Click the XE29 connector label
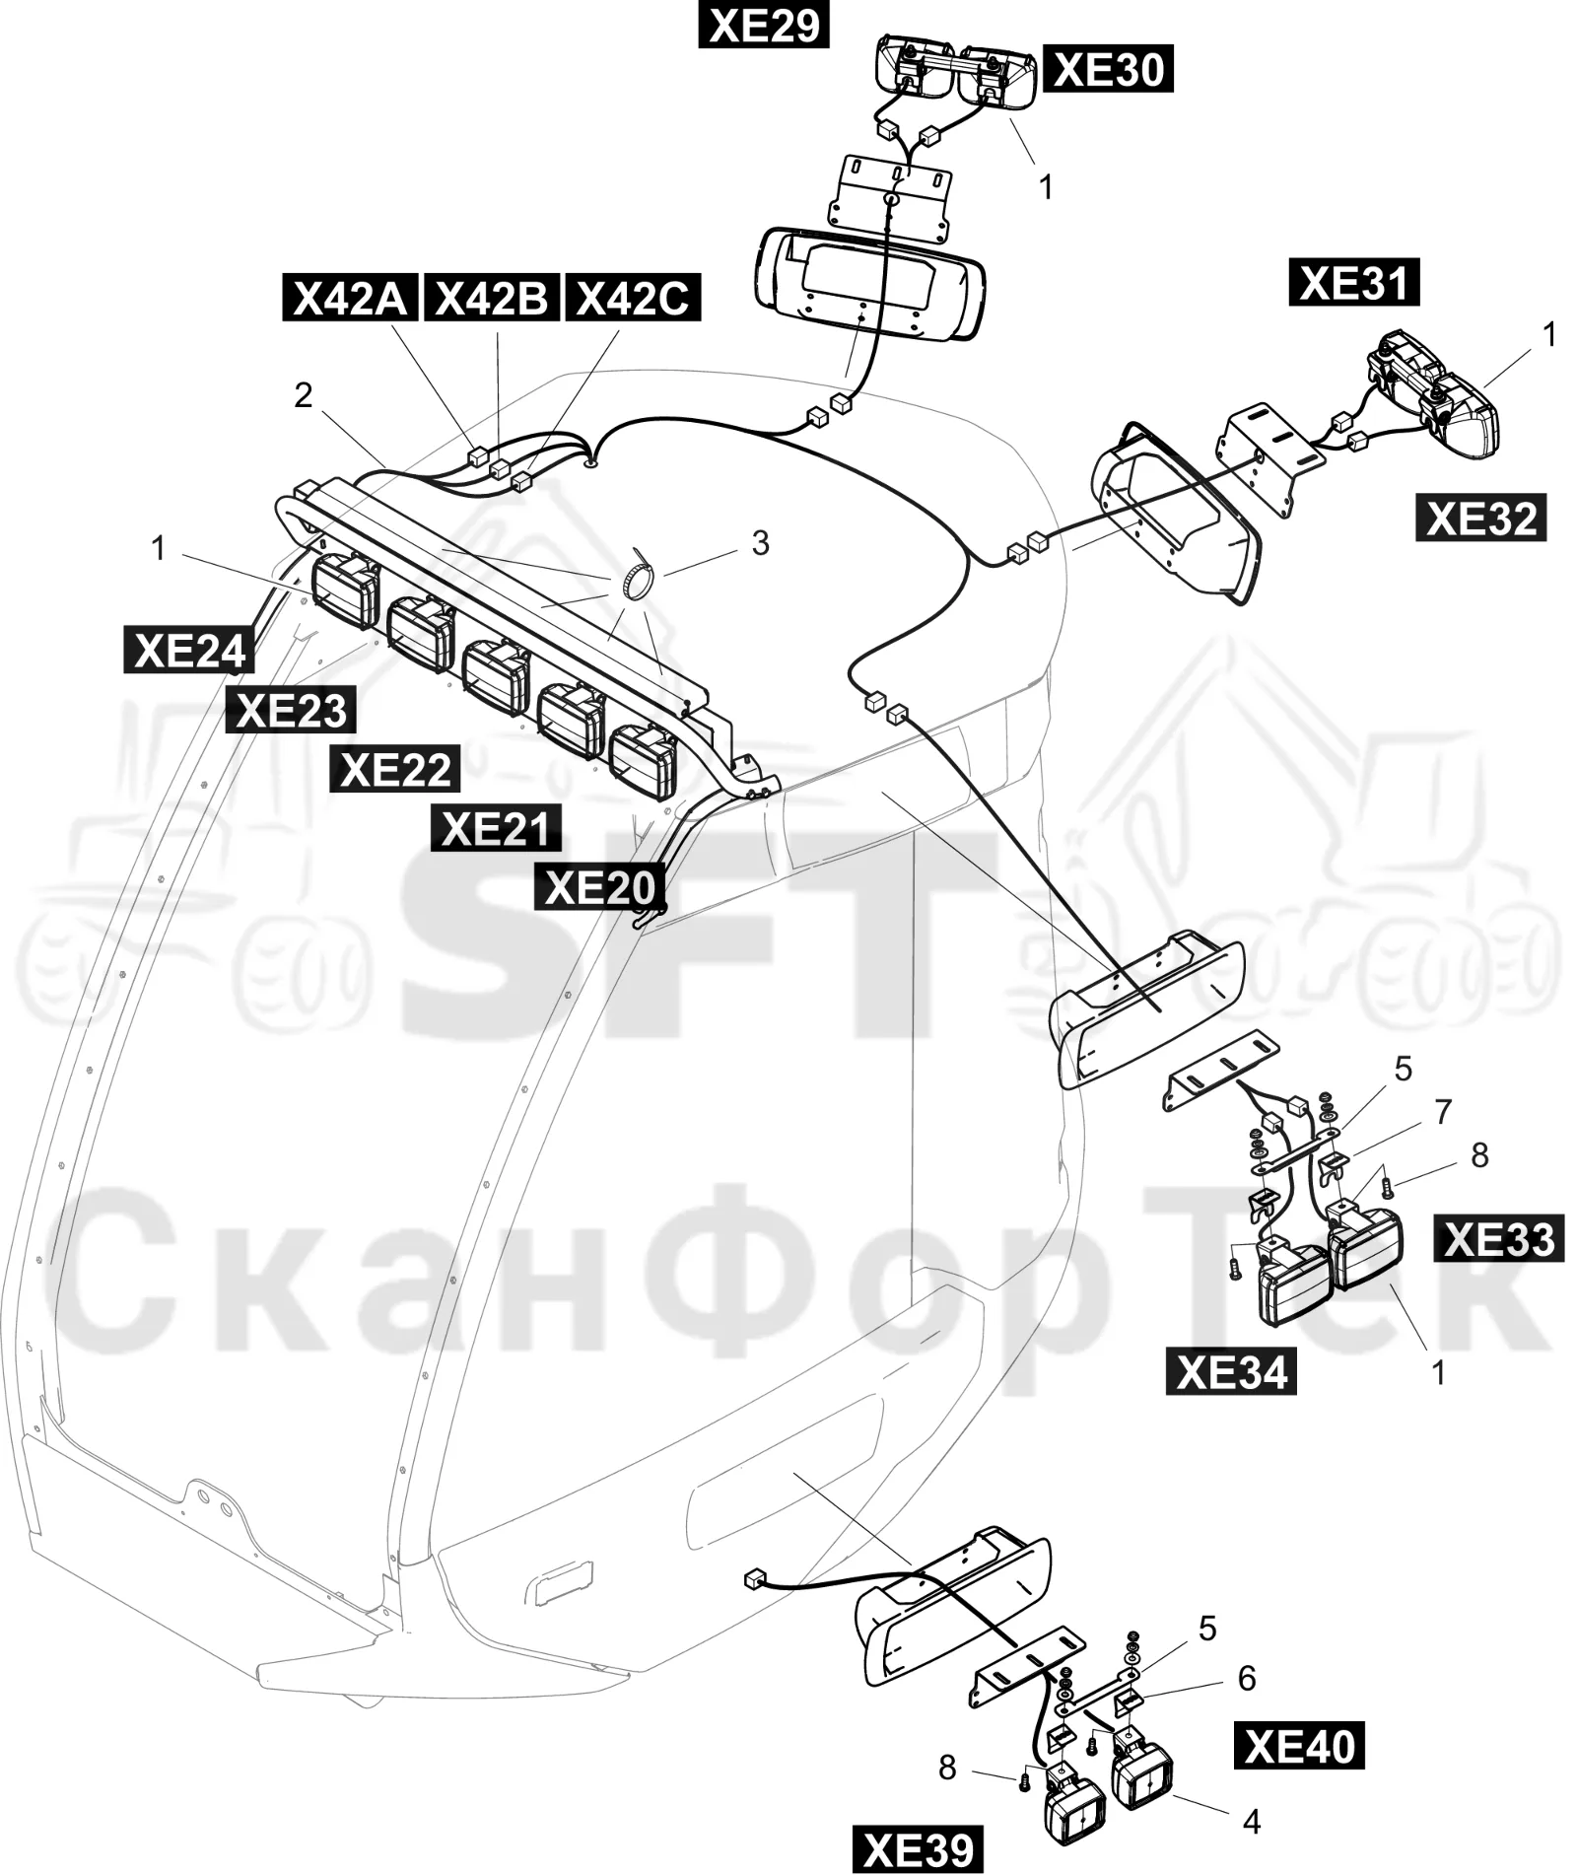pyautogui.click(x=763, y=25)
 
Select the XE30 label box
pyautogui.click(x=1108, y=69)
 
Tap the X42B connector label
pyautogui.click(x=491, y=298)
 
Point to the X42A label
pyautogui.click(x=351, y=298)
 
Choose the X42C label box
pyautogui.click(x=632, y=298)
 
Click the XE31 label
pyautogui.click(x=1354, y=283)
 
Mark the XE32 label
pyautogui.click(x=1481, y=518)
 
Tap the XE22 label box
pyautogui.click(x=395, y=769)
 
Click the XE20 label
pyautogui.click(x=600, y=886)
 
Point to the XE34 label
pyautogui.click(x=1231, y=1371)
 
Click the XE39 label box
pyautogui.click(x=918, y=1850)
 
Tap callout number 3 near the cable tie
pyautogui.click(x=760, y=543)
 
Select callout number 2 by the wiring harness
pyautogui.click(x=303, y=394)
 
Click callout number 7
pyautogui.click(x=1443, y=1112)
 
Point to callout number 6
pyautogui.click(x=1246, y=1678)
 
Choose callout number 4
pyautogui.click(x=1251, y=1821)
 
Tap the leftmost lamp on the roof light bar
pyautogui.click(x=345, y=590)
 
